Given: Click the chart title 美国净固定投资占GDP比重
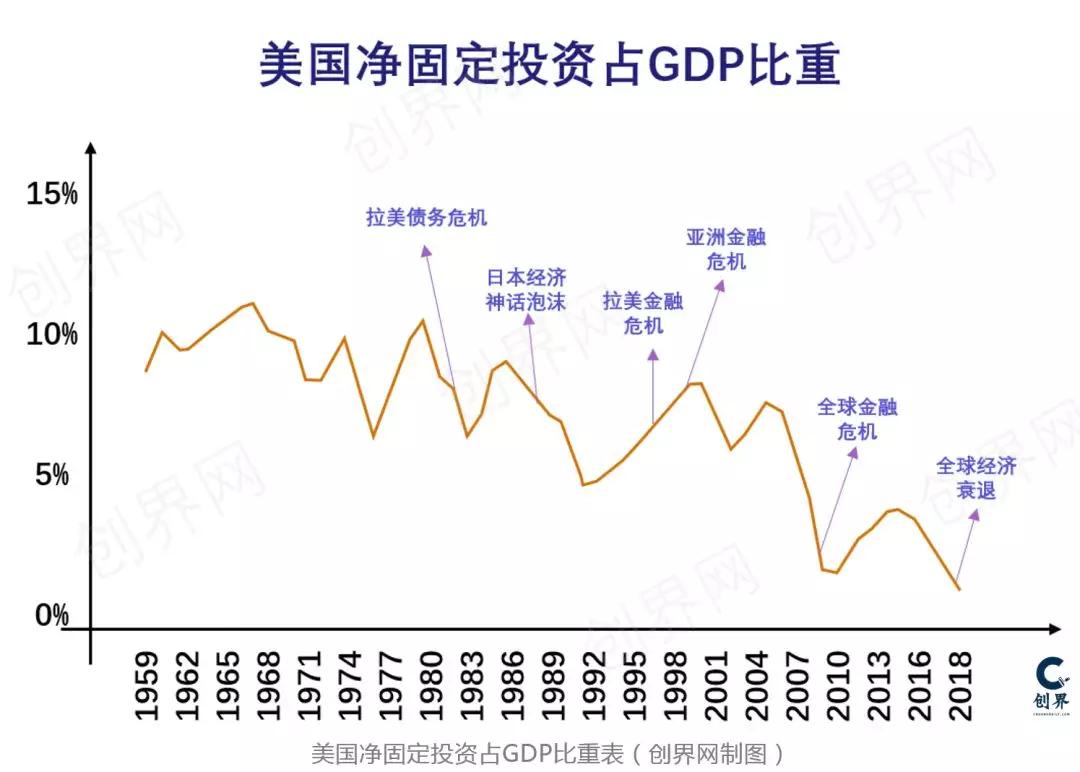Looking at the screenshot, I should (x=549, y=65).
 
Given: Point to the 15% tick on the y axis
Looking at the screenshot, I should (x=52, y=195).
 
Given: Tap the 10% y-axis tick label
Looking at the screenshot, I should (x=52, y=335).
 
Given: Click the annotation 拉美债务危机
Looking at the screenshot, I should (x=426, y=217).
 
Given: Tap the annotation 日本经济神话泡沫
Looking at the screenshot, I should (x=526, y=289).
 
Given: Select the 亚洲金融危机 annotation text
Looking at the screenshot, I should (x=726, y=249).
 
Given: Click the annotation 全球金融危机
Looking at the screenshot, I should (x=857, y=419).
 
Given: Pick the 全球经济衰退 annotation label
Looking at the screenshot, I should (x=976, y=478).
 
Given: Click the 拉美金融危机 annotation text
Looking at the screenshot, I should (x=643, y=312).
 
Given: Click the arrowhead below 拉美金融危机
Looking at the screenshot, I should (x=653, y=354).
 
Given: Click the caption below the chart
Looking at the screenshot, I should (x=548, y=752).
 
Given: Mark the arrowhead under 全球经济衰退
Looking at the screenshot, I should (x=975, y=515).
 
